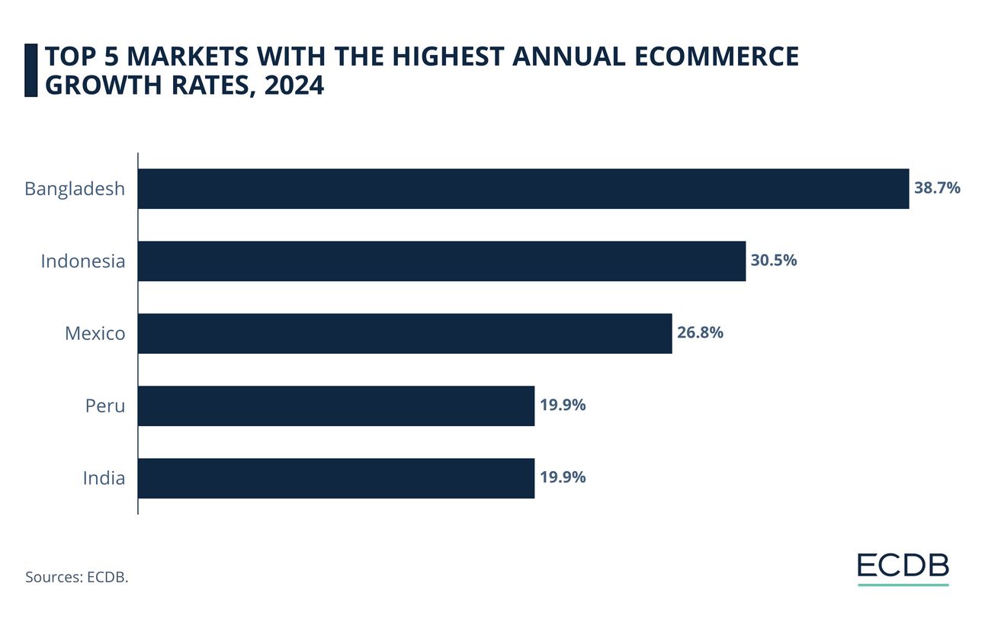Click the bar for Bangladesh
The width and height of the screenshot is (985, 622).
click(523, 189)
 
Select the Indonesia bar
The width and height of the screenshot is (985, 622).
click(441, 261)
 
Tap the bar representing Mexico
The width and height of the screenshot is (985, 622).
click(405, 334)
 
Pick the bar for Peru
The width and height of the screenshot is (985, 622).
click(336, 406)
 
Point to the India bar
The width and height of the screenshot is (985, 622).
click(336, 479)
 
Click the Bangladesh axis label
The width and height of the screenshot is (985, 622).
click(75, 189)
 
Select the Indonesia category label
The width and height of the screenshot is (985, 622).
click(82, 261)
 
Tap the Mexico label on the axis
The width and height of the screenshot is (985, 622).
click(95, 334)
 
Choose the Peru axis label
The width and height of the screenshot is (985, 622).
click(105, 406)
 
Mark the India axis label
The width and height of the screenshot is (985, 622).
click(104, 479)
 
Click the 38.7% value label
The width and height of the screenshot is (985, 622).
click(937, 188)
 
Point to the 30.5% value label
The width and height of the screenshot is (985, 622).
click(774, 260)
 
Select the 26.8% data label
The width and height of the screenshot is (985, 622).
click(700, 332)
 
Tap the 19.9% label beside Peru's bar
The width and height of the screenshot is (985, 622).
click(563, 405)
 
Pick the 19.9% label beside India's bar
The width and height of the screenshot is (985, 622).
click(563, 477)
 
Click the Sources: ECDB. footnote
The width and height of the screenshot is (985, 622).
click(76, 577)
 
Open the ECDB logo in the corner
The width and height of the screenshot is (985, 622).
click(903, 566)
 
